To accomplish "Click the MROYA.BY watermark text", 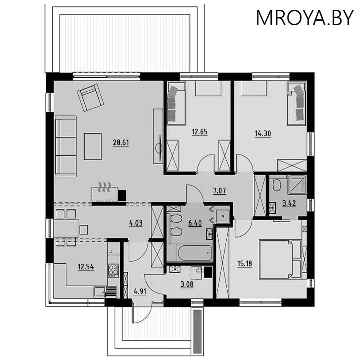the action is coord(305,18).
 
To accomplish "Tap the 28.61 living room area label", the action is coord(121,143).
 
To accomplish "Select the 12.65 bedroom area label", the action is coord(199,132).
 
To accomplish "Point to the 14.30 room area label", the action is coord(263,133).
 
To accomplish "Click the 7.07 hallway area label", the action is coord(220,190).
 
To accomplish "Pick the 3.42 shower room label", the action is coord(289,203).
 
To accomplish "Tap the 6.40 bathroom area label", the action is coord(195,223).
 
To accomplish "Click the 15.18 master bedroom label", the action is coord(245,263).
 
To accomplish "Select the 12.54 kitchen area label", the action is coord(86,267).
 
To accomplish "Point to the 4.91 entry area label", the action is coord(140,292).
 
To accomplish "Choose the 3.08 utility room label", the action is coord(187,284).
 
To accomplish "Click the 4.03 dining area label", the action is coord(136,223).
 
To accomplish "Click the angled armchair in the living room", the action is coord(90,98).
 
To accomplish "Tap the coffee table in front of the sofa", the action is coord(93,147).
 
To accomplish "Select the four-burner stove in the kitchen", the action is coord(113,270).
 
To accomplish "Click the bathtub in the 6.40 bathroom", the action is coord(189,253).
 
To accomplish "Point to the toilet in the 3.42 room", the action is coord(277,185).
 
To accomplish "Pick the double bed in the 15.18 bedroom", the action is coord(280,259).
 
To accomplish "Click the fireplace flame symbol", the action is coord(105,187).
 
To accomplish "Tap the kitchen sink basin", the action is coord(99,292).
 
